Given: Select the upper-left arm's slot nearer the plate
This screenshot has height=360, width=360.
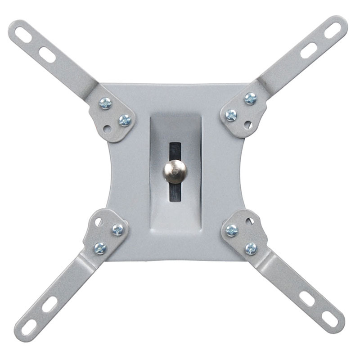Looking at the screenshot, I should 47,55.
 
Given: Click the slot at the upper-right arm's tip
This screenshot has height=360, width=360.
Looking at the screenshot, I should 333,31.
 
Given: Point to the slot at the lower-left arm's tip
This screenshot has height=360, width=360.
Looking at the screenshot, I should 29,326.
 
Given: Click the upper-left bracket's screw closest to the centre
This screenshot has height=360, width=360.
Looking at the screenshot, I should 125,120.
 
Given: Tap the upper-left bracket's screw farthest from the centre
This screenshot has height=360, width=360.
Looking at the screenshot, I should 106,103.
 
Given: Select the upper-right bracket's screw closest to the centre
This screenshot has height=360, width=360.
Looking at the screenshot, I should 231,115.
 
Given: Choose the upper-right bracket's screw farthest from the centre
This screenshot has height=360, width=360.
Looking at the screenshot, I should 250,99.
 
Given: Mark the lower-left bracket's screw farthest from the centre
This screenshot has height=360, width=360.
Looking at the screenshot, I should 100,247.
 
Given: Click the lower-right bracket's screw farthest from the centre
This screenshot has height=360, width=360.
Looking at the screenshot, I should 251,248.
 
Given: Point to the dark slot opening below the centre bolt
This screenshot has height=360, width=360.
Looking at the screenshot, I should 175,192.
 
